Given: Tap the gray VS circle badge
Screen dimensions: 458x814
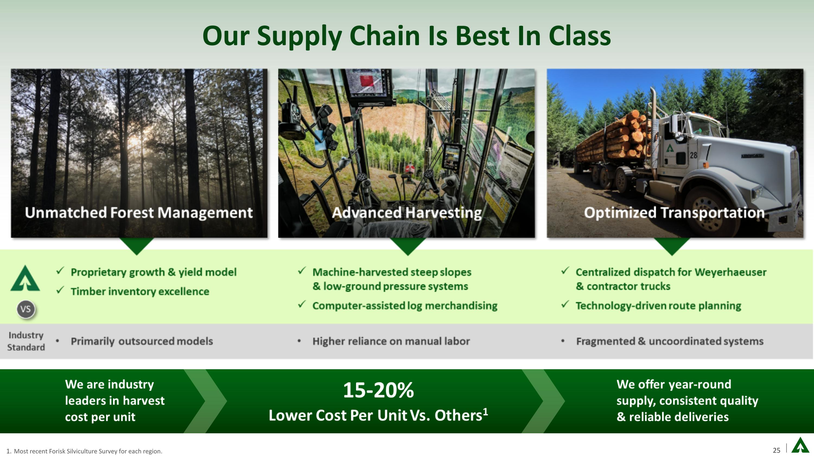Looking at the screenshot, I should pyautogui.click(x=26, y=309).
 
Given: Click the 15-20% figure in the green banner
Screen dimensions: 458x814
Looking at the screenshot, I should pyautogui.click(x=378, y=390).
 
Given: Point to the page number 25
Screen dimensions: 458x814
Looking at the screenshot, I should pyautogui.click(x=776, y=450).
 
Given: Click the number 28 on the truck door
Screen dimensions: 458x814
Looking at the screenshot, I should pyautogui.click(x=693, y=155).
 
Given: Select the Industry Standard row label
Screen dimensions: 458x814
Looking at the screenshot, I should pyautogui.click(x=26, y=341).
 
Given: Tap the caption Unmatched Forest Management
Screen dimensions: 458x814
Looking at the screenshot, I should pyautogui.click(x=139, y=212).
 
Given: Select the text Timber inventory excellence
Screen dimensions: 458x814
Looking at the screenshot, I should pyautogui.click(x=140, y=291).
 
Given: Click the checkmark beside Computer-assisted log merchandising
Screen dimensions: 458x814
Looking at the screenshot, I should pyautogui.click(x=302, y=304).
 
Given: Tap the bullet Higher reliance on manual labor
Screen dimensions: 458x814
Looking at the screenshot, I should pyautogui.click(x=391, y=341).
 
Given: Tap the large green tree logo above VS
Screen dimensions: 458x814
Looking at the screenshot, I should pyautogui.click(x=25, y=279).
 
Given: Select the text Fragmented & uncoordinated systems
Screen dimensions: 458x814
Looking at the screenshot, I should pyautogui.click(x=670, y=341).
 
